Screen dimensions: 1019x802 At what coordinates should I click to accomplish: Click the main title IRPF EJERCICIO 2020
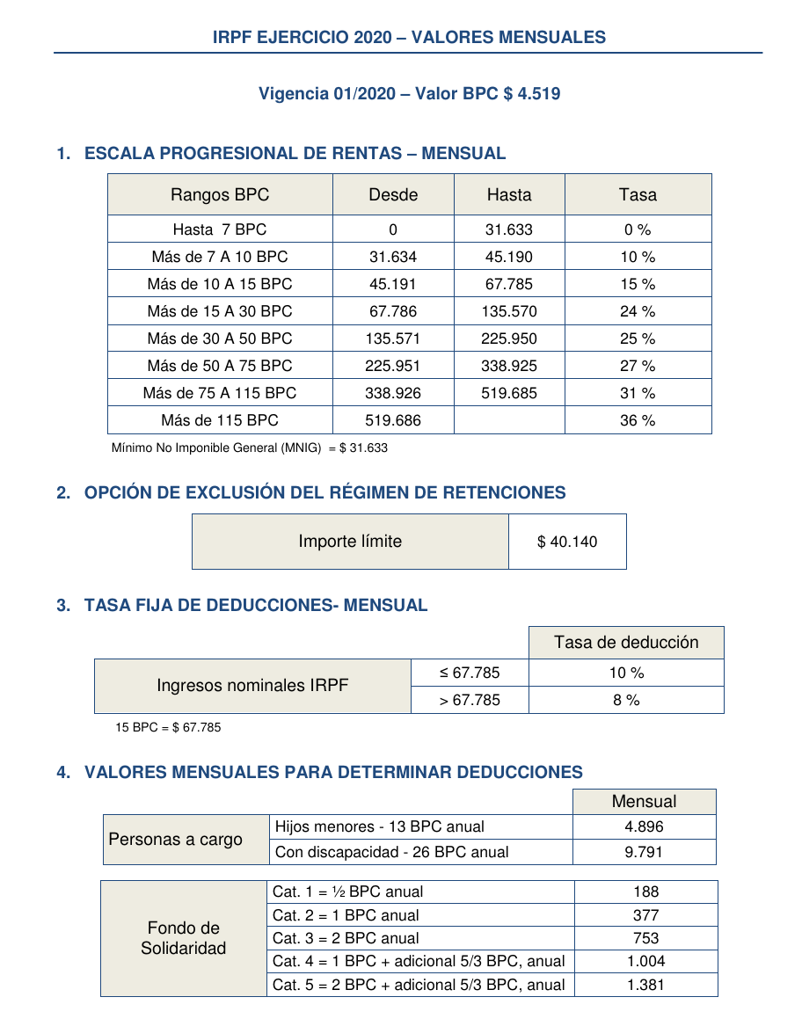coord(409,37)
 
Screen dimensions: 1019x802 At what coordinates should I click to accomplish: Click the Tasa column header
coord(638,194)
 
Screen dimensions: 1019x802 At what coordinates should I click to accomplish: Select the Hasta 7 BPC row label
coord(220,229)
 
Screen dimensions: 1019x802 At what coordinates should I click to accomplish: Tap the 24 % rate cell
coord(638,311)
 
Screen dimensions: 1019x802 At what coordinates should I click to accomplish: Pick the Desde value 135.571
coord(393,338)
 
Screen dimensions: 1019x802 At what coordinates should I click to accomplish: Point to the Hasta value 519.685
coord(509,393)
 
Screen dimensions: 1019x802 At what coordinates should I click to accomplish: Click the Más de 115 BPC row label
coord(220,420)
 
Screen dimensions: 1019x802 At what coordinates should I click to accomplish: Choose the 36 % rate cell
coord(638,420)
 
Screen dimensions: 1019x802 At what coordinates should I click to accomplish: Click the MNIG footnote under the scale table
coord(250,448)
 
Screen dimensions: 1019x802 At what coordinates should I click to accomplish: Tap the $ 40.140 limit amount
coord(567,542)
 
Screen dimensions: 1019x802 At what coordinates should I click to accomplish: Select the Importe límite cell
coord(350,542)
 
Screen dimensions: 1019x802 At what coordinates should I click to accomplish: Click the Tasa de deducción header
coord(626,642)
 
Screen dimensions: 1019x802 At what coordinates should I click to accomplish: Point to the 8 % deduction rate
coord(626,700)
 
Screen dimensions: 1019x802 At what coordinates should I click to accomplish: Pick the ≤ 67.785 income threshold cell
coord(470,673)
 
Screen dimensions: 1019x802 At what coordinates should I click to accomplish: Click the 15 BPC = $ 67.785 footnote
coord(168,727)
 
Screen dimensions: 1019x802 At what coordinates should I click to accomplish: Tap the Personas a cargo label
coord(176,839)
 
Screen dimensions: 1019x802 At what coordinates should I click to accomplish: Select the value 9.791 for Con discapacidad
coord(644,851)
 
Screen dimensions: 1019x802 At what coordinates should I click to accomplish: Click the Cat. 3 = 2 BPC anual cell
coord(346,938)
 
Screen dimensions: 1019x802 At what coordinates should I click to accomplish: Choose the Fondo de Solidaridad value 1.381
coord(645,985)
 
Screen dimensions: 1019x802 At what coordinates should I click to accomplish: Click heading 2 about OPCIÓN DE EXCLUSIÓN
coord(324,492)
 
